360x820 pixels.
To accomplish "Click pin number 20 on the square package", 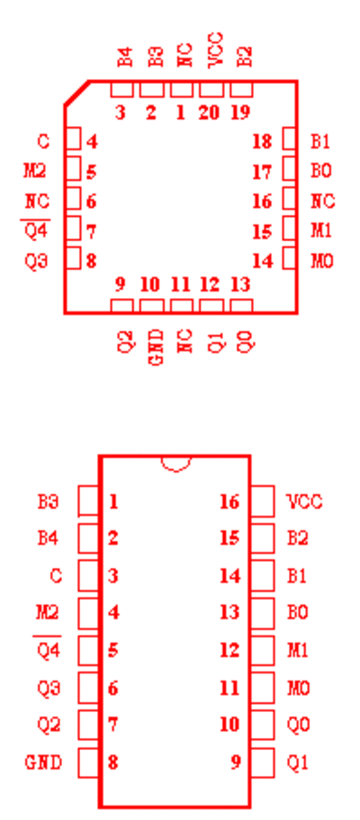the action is pyautogui.click(x=209, y=112).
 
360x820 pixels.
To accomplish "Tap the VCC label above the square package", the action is pyautogui.click(x=216, y=50).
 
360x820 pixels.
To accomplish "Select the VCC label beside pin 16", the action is pyautogui.click(x=305, y=501).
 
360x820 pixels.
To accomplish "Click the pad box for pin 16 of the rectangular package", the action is pyautogui.click(x=262, y=501).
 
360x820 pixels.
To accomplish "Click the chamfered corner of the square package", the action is pyautogui.click(x=76, y=93).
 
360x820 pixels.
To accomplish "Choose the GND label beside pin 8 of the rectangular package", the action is pyautogui.click(x=43, y=762).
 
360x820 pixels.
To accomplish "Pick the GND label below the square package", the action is pyautogui.click(x=157, y=347).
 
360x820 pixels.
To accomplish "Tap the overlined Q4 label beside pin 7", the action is pyautogui.click(x=36, y=230).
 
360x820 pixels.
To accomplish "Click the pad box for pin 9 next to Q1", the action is pyautogui.click(x=262, y=762).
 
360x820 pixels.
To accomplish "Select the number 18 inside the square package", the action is pyautogui.click(x=262, y=141).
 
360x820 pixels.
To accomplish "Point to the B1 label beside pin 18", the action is pyautogui.click(x=320, y=141).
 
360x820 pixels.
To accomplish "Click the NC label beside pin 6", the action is pyautogui.click(x=37, y=201).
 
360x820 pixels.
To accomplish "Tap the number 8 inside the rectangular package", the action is pyautogui.click(x=112, y=762).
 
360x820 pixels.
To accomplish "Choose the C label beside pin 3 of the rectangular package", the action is pyautogui.click(x=56, y=576).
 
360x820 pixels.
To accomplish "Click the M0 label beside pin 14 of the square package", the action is pyautogui.click(x=322, y=260).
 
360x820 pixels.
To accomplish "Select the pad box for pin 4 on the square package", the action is pyautogui.click(x=73, y=140).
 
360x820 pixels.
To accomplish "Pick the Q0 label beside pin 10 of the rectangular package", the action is pyautogui.click(x=298, y=725).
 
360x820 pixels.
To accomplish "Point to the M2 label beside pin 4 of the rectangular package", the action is pyautogui.click(x=47, y=612).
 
